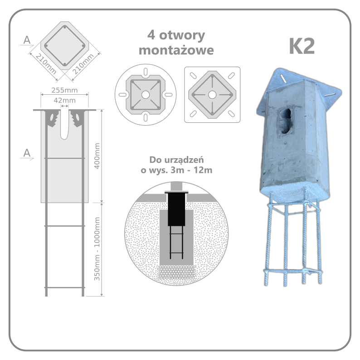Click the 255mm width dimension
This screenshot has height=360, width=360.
tap(64, 90)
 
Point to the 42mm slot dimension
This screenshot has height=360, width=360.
tap(64, 100)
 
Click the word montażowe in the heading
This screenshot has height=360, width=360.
tap(176, 50)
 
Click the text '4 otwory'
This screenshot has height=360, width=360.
tap(176, 35)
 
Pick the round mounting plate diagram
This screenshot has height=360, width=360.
tap(145, 94)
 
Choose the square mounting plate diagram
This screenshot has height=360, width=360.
tap(212, 94)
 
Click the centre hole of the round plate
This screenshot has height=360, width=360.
tap(145, 94)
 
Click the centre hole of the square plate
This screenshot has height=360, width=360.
tap(212, 94)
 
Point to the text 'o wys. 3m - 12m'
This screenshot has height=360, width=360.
tap(176, 170)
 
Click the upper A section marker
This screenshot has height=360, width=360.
tap(27, 41)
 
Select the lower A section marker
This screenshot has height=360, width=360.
tap(27, 154)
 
